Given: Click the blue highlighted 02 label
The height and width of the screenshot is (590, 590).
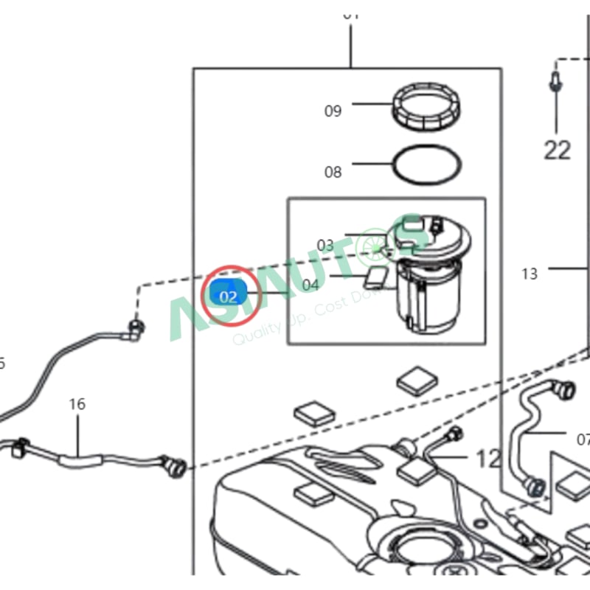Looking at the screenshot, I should [228, 296].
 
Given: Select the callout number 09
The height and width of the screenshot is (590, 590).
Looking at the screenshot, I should [333, 111].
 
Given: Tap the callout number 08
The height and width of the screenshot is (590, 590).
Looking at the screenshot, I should [333, 172].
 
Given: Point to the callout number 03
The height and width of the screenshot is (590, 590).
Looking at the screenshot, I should [325, 245].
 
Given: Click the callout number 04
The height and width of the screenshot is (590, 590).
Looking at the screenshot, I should [310, 284].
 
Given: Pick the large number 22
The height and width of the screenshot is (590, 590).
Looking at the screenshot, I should [558, 150].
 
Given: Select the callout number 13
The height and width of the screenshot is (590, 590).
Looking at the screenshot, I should [530, 274].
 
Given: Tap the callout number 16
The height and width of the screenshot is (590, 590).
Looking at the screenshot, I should [77, 404].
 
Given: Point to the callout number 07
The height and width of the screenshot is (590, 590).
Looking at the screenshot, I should [583, 440].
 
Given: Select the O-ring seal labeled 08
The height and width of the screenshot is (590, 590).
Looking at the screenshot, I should [426, 166].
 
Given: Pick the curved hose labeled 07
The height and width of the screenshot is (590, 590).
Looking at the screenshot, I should [525, 435].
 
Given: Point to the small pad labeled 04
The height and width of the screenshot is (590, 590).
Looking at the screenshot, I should [377, 278].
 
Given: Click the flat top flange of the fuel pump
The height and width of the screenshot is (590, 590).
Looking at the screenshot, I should [431, 236].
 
